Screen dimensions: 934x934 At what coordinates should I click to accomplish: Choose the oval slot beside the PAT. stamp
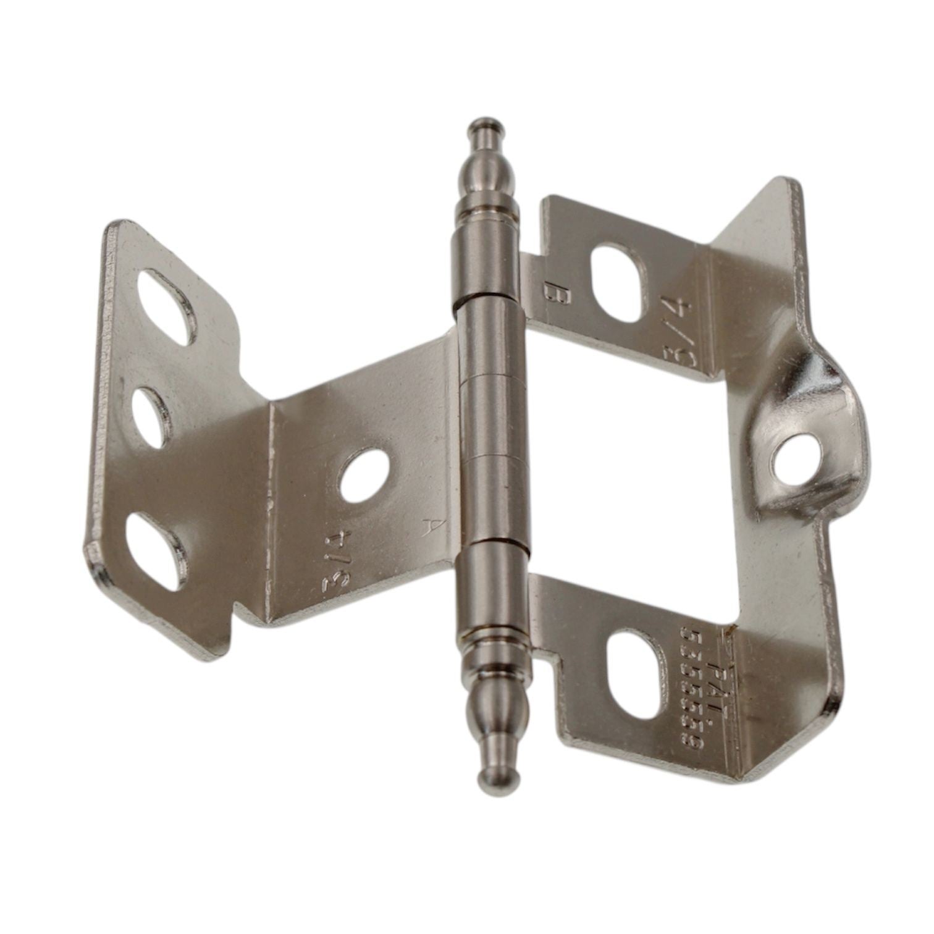click(x=635, y=673)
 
